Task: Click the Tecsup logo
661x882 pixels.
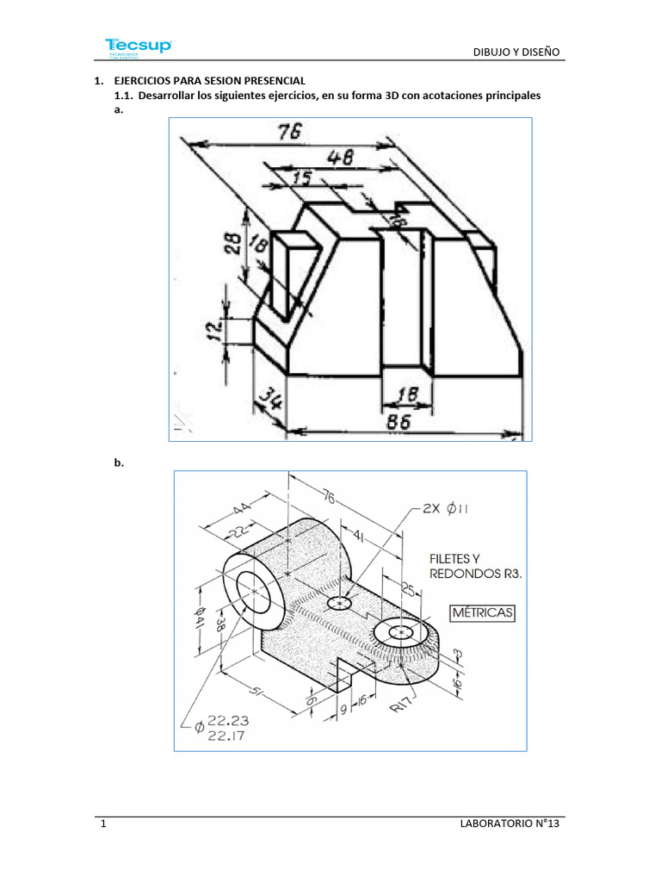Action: point(138,47)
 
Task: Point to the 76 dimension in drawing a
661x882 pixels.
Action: point(291,131)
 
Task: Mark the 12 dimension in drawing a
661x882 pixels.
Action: point(215,329)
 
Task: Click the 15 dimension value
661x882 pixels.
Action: point(301,177)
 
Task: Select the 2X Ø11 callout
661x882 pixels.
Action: point(446,508)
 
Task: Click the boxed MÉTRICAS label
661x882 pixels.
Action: point(482,612)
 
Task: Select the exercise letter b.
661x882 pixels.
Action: point(119,463)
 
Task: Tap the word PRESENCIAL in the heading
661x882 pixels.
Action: point(256,80)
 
